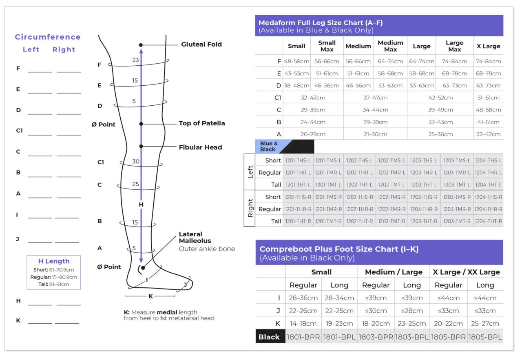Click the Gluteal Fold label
(201, 44)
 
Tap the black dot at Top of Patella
(141, 123)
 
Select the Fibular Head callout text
(200, 147)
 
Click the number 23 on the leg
(135, 60)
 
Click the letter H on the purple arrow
(141, 204)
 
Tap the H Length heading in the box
(54, 261)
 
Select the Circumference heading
(48, 37)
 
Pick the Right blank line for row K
(67, 323)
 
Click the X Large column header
(488, 46)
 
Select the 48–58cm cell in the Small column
(296, 61)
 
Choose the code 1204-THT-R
(488, 221)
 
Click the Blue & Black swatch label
(269, 147)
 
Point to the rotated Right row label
(250, 208)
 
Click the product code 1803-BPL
(411, 337)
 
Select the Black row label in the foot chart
(269, 337)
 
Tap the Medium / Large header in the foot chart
(394, 272)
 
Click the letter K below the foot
(150, 296)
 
